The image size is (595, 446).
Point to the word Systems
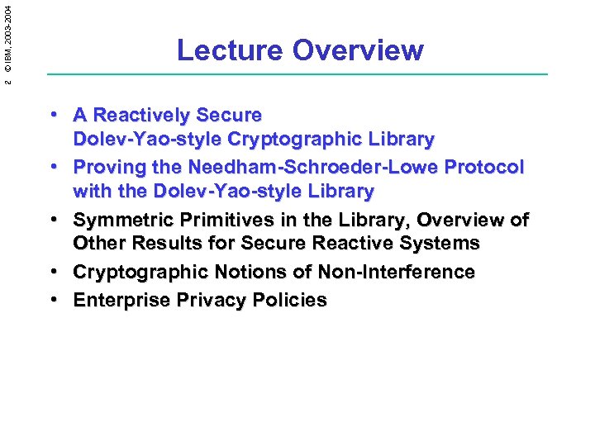tap(440, 244)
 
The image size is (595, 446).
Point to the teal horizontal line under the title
tap(297, 75)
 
